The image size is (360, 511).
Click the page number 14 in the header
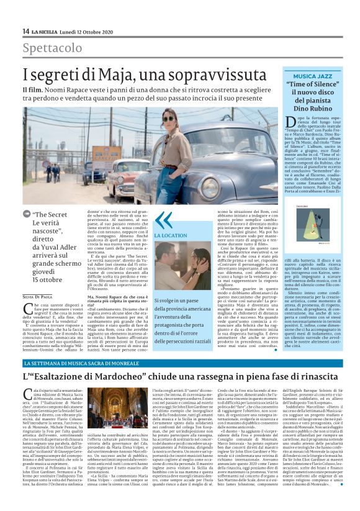[x=25, y=31]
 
